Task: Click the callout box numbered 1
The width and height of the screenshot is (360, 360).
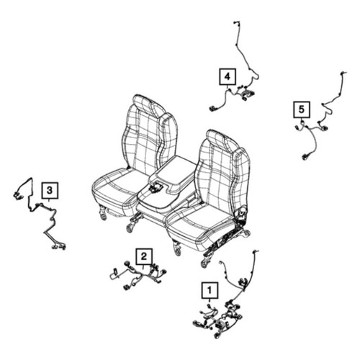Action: pyautogui.click(x=210, y=290)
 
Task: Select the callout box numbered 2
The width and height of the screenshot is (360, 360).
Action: pyautogui.click(x=143, y=256)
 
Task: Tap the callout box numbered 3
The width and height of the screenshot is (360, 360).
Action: pyautogui.click(x=50, y=191)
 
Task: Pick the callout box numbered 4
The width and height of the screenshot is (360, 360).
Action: pyautogui.click(x=228, y=77)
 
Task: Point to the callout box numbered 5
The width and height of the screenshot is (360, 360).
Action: pyautogui.click(x=302, y=109)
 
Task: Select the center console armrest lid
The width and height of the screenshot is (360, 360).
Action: pyautogui.click(x=172, y=174)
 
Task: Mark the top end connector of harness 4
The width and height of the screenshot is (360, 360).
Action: pyautogui.click(x=236, y=22)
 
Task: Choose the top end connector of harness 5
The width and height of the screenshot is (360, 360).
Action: pyautogui.click(x=343, y=73)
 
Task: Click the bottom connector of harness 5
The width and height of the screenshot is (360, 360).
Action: pyautogui.click(x=305, y=157)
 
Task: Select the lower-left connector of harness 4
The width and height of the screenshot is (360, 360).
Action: pyautogui.click(x=212, y=109)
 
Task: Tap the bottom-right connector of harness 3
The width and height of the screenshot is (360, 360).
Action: pyautogui.click(x=59, y=246)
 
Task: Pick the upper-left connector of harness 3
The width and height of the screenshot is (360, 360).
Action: pyautogui.click(x=17, y=195)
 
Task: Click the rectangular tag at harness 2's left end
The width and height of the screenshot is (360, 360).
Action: pyautogui.click(x=114, y=274)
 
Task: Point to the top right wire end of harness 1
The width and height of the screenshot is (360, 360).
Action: pyautogui.click(x=256, y=251)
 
